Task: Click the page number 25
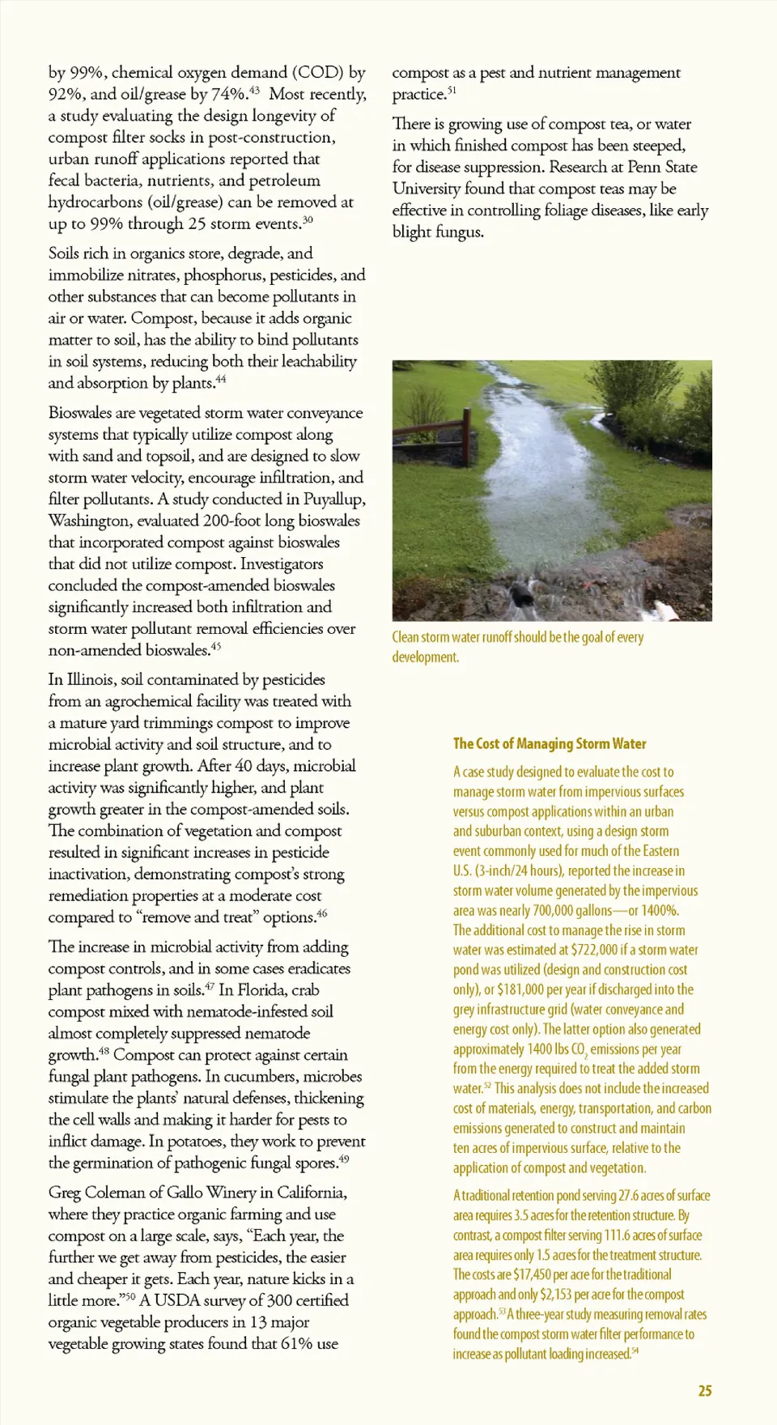click(705, 1390)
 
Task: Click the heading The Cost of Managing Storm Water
click(550, 743)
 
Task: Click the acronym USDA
click(176, 1300)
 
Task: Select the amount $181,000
click(522, 989)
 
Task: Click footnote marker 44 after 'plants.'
click(221, 379)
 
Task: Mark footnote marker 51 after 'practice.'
click(452, 91)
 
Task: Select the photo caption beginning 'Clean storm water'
click(518, 647)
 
